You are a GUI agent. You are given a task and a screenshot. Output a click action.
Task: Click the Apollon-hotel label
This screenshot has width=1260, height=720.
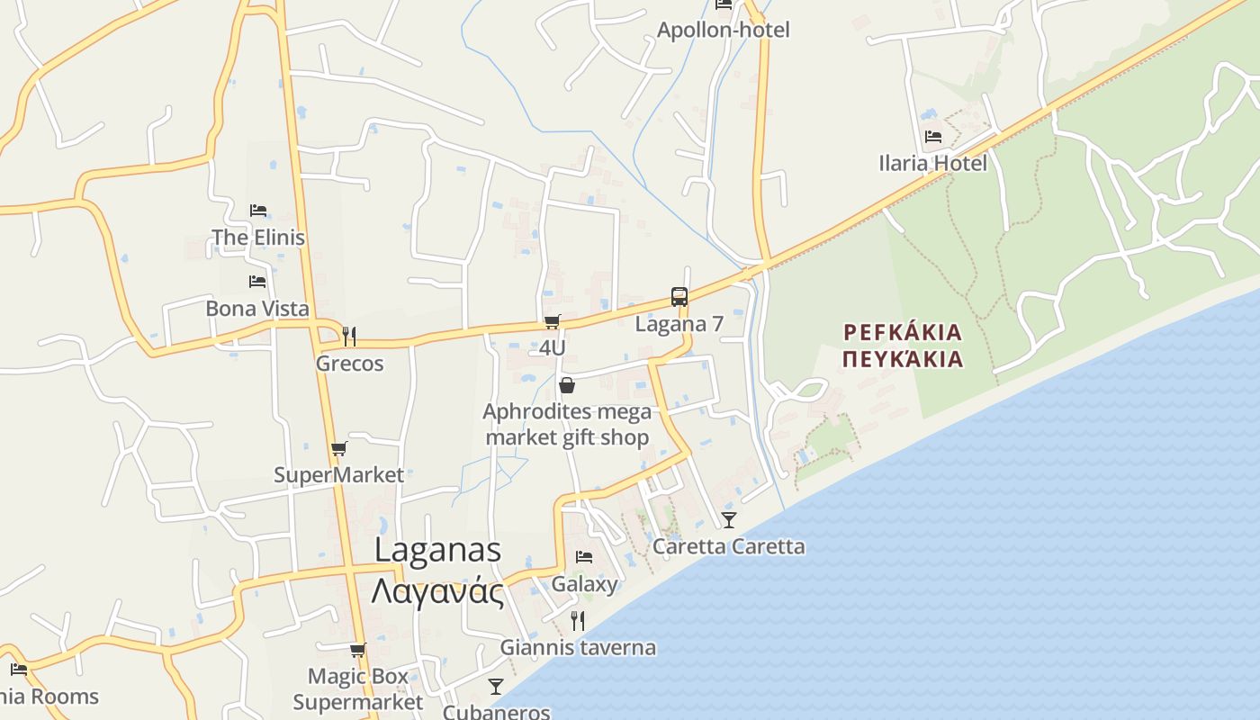point(723,30)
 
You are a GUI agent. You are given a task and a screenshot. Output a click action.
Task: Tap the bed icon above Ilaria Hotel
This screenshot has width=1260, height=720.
point(933,137)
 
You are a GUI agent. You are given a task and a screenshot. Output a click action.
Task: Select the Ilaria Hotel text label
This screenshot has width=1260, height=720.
point(932,163)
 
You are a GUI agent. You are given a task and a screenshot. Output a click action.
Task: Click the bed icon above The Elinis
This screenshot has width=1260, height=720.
point(258,211)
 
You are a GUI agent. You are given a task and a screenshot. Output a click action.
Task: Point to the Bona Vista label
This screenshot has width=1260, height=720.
point(257,309)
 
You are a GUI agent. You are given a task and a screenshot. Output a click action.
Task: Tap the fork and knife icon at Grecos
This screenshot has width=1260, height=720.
point(349,337)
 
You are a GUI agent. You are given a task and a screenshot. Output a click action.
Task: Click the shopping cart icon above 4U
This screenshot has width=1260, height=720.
point(553,321)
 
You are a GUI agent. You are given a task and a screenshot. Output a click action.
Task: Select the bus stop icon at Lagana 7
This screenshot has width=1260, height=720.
point(679,297)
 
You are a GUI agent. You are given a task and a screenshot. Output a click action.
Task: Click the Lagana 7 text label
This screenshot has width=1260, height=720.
point(679,324)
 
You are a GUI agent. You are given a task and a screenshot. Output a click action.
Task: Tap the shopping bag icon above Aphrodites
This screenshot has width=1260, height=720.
point(567,386)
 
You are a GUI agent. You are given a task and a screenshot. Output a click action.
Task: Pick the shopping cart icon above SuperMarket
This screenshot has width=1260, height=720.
point(338,448)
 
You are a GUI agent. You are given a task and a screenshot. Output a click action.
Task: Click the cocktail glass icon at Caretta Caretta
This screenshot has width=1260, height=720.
point(729,520)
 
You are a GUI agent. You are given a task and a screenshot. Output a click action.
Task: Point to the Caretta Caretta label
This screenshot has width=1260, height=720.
point(728,546)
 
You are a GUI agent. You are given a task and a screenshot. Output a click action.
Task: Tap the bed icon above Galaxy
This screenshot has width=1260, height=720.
point(584,557)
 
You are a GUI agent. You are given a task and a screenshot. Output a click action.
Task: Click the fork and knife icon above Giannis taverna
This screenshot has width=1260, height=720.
point(578,620)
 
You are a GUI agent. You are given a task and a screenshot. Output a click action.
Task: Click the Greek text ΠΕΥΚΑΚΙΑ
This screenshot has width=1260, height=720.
point(903,360)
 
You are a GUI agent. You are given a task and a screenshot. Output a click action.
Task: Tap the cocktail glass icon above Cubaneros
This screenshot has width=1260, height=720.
point(496,687)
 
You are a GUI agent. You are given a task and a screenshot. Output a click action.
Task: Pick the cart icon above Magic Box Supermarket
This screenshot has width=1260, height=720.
point(357,650)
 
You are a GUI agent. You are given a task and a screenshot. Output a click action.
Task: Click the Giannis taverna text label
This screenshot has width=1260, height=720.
point(578,647)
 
